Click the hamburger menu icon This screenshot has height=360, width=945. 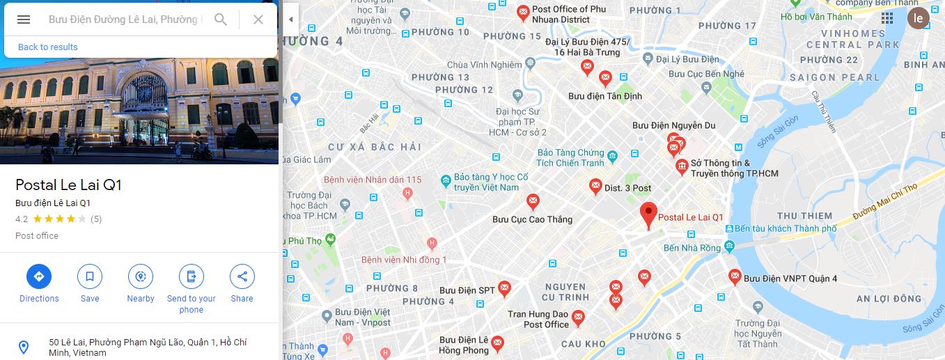[24, 19]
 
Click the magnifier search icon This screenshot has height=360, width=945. [221, 19]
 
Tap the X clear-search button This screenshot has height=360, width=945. [258, 19]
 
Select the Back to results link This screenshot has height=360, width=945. [47, 47]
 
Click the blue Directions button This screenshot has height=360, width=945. [39, 276]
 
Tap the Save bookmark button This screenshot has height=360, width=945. [90, 276]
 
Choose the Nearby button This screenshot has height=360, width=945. [141, 276]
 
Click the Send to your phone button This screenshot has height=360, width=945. [192, 276]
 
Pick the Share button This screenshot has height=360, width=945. [242, 276]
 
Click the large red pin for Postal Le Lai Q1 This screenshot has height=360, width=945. [649, 215]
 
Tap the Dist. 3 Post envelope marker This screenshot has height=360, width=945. [595, 186]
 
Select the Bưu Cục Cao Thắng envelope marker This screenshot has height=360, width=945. [533, 202]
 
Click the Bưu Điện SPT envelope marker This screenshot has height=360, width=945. [504, 288]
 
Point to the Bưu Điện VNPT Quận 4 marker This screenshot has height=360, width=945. [735, 276]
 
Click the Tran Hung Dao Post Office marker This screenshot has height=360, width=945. [578, 319]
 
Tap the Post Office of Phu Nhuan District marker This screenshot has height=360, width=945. [523, 13]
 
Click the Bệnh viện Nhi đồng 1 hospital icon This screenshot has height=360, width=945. [432, 244]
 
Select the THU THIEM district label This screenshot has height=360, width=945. [804, 216]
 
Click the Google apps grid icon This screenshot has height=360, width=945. [887, 18]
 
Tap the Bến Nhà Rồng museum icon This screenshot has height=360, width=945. [729, 246]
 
